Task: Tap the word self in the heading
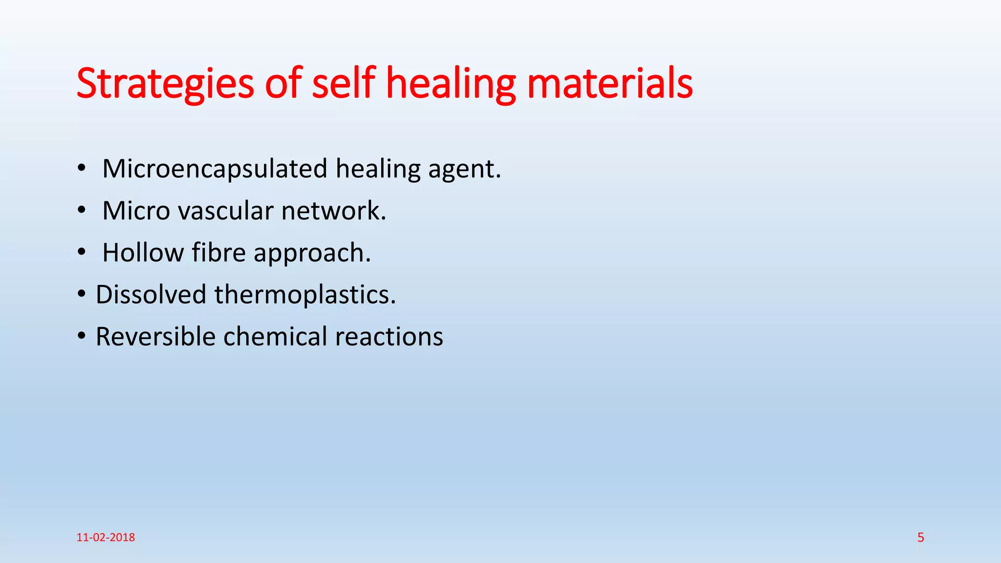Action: (343, 83)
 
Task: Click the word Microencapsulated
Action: (215, 169)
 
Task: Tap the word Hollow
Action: (143, 253)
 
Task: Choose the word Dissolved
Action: (151, 295)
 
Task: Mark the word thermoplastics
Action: (305, 295)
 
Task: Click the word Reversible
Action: (155, 337)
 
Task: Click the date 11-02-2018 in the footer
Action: (106, 538)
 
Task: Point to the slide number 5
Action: (921, 538)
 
